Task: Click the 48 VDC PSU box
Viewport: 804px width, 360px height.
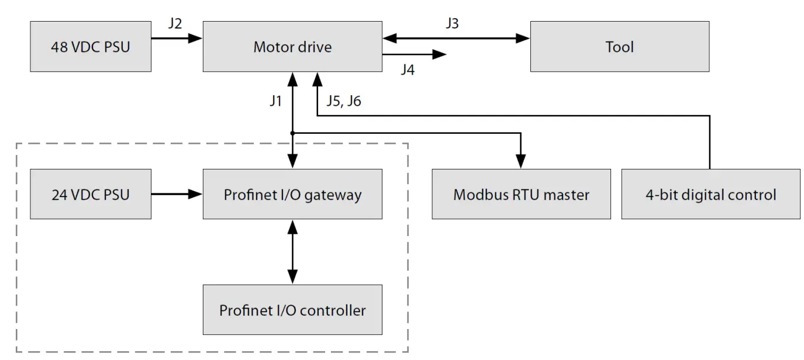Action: pyautogui.click(x=90, y=47)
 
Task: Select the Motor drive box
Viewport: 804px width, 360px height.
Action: pyautogui.click(x=292, y=47)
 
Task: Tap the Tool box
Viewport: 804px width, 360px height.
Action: pyautogui.click(x=619, y=47)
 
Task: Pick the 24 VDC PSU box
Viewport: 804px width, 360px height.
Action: pyautogui.click(x=90, y=194)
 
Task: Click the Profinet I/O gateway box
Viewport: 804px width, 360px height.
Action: pyautogui.click(x=292, y=194)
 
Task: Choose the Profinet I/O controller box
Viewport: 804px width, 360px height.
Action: pyautogui.click(x=292, y=310)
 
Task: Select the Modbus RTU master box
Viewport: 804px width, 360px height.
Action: pyautogui.click(x=521, y=194)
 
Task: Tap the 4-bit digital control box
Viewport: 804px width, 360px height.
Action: pyautogui.click(x=710, y=194)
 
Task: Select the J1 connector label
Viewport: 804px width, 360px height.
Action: pyautogui.click(x=276, y=101)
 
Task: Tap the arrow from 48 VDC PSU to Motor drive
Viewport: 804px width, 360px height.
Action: pyautogui.click(x=176, y=39)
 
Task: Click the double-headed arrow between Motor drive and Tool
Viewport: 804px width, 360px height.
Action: pyautogui.click(x=456, y=39)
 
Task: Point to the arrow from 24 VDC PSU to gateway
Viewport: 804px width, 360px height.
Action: pyautogui.click(x=176, y=194)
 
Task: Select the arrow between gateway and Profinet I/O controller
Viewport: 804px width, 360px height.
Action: pyautogui.click(x=292, y=251)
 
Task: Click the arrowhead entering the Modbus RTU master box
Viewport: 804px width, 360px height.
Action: pyautogui.click(x=521, y=163)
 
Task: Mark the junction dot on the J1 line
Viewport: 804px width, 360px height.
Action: pyautogui.click(x=292, y=133)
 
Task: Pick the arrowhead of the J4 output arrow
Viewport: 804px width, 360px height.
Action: pyautogui.click(x=440, y=54)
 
